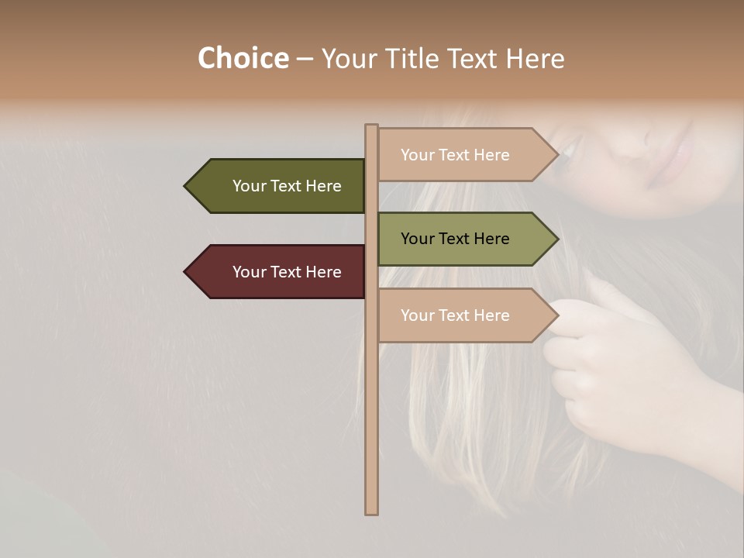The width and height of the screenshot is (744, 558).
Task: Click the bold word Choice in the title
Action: (243, 59)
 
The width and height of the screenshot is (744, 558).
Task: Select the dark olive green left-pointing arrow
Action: (279, 186)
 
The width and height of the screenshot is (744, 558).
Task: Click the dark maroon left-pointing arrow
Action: (279, 272)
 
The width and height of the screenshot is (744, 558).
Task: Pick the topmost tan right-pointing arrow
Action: (461, 155)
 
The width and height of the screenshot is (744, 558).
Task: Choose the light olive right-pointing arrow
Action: (461, 239)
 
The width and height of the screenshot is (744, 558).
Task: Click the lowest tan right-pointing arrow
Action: (461, 315)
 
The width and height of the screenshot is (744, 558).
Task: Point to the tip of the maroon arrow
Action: (187, 272)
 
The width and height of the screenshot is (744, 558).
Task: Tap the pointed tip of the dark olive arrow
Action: (187, 186)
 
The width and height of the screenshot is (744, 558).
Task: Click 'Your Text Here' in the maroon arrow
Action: (287, 272)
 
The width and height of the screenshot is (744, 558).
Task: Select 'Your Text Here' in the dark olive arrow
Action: (287, 186)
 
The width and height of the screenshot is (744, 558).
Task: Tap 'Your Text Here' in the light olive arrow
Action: (455, 239)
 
